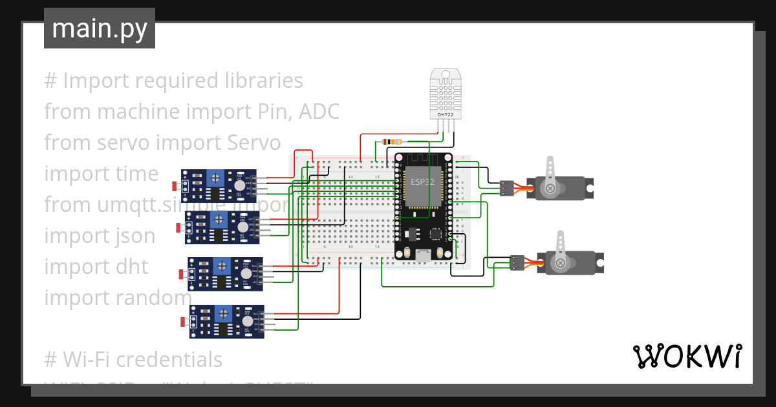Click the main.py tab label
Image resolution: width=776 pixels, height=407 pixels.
tap(99, 29)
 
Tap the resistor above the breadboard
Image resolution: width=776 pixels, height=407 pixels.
tap(392, 141)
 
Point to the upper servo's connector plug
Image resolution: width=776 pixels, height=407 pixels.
tap(507, 188)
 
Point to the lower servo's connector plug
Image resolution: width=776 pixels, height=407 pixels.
tap(516, 262)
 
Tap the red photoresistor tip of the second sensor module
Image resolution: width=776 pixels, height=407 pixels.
tap(179, 227)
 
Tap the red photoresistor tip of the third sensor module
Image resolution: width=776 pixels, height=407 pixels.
tap(182, 275)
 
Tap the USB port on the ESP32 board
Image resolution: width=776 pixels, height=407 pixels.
tap(423, 256)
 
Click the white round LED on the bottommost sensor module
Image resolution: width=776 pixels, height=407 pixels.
tap(248, 321)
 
